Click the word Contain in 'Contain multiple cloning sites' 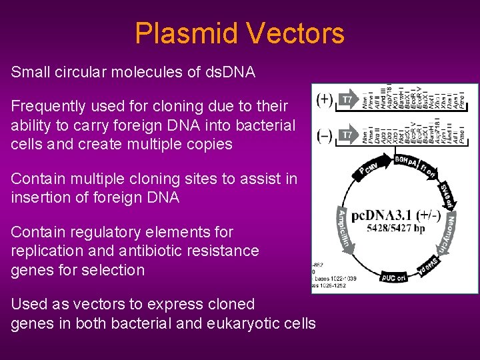37,179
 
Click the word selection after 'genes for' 113,270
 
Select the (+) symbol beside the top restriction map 325,100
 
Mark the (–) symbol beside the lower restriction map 325,135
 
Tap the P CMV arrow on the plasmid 367,168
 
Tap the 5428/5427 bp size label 395,228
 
